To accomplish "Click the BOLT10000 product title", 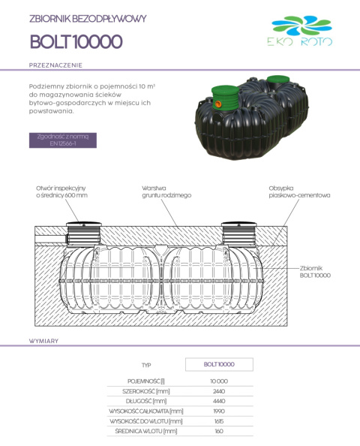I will [x=76, y=41].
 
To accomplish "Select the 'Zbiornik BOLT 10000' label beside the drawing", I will [x=315, y=271].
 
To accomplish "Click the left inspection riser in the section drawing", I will [x=82, y=237].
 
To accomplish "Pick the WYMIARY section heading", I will [x=44, y=341].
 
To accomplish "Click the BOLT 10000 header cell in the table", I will [x=219, y=364].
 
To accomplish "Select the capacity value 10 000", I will [x=219, y=381].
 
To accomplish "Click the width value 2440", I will [x=219, y=391].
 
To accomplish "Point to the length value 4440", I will [x=219, y=401].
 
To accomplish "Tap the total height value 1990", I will [x=219, y=411].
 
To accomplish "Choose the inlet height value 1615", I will [x=219, y=420].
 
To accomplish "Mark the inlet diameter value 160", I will [x=219, y=430].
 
